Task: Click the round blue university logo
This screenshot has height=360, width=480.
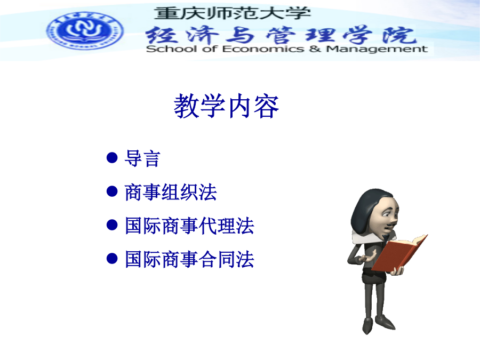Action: [x=85, y=31]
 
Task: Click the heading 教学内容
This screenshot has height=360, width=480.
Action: [x=226, y=106]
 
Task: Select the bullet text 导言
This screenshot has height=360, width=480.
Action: [x=142, y=158]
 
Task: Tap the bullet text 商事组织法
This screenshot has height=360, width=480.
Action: [x=171, y=192]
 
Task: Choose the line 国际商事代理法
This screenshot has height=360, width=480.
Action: [x=189, y=226]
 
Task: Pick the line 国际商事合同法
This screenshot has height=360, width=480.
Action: [x=189, y=260]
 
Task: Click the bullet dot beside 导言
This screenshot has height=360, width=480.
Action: [x=112, y=158]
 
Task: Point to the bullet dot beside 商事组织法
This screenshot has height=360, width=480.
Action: [x=112, y=191]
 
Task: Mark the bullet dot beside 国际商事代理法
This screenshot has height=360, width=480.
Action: [x=112, y=225]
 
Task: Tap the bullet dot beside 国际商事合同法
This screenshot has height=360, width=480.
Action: [x=112, y=259]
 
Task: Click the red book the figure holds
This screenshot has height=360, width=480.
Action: [x=399, y=253]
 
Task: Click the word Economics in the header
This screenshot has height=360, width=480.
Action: [x=263, y=49]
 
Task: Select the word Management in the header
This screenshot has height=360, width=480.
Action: [x=377, y=49]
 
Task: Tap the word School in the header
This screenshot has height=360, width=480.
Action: [x=171, y=49]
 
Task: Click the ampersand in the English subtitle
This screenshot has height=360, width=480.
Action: [x=315, y=49]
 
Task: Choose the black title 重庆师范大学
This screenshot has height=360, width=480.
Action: [x=233, y=13]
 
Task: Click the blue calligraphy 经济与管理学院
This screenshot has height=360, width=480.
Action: [x=281, y=35]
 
